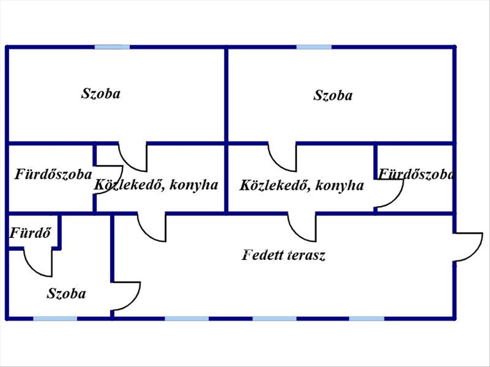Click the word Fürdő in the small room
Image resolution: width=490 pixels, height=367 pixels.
[x=30, y=233]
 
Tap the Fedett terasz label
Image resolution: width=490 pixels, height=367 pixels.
[x=283, y=255]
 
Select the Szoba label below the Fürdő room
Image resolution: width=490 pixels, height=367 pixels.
[x=66, y=294]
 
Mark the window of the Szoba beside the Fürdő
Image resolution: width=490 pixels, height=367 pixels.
[x=55, y=318]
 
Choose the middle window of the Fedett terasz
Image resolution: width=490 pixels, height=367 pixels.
[x=274, y=318]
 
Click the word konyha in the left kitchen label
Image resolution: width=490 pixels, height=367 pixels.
[x=194, y=186]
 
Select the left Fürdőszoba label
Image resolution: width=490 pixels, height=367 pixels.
[x=53, y=174]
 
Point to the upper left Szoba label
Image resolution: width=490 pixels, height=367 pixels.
[x=101, y=94]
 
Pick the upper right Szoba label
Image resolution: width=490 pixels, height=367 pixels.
[x=333, y=95]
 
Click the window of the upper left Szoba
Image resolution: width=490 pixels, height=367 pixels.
[x=112, y=47]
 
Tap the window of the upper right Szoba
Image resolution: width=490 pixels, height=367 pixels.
[x=314, y=47]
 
